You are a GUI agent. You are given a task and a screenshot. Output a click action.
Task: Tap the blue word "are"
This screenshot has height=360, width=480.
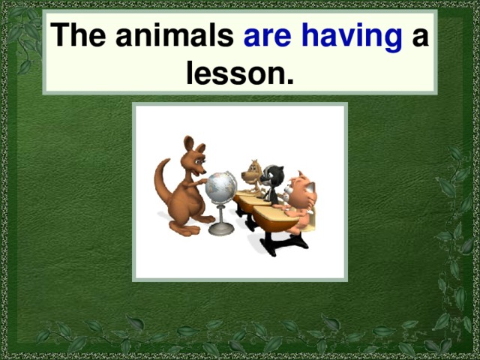click(x=268, y=37)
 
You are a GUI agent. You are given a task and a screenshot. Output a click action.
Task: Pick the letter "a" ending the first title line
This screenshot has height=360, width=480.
click(x=420, y=38)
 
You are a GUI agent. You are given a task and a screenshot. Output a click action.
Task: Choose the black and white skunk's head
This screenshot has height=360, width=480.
click(x=274, y=177)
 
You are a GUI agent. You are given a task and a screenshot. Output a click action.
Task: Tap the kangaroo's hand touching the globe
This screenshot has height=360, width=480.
click(x=203, y=180)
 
